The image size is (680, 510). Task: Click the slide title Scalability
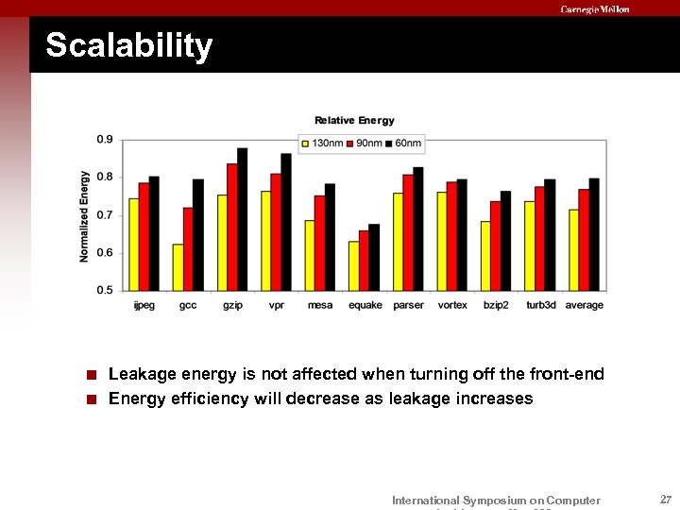point(129,46)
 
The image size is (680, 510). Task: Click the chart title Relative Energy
point(354,120)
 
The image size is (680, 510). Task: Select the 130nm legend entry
point(321,143)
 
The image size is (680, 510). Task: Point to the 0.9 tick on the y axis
point(104,140)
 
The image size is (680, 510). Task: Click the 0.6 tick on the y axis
point(104,252)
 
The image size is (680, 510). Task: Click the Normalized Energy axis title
point(85,216)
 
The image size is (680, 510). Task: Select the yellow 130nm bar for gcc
point(178,267)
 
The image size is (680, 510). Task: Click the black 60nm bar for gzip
point(243,219)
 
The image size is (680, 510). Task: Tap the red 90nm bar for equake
point(364,261)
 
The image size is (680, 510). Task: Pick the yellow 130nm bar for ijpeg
point(134,244)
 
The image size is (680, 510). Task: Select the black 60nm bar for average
point(594,234)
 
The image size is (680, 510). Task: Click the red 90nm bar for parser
point(408,232)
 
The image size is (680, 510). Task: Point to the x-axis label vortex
point(452,305)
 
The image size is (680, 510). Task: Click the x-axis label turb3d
point(541,305)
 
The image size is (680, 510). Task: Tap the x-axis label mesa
point(319,305)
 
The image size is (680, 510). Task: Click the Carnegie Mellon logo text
point(594,9)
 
